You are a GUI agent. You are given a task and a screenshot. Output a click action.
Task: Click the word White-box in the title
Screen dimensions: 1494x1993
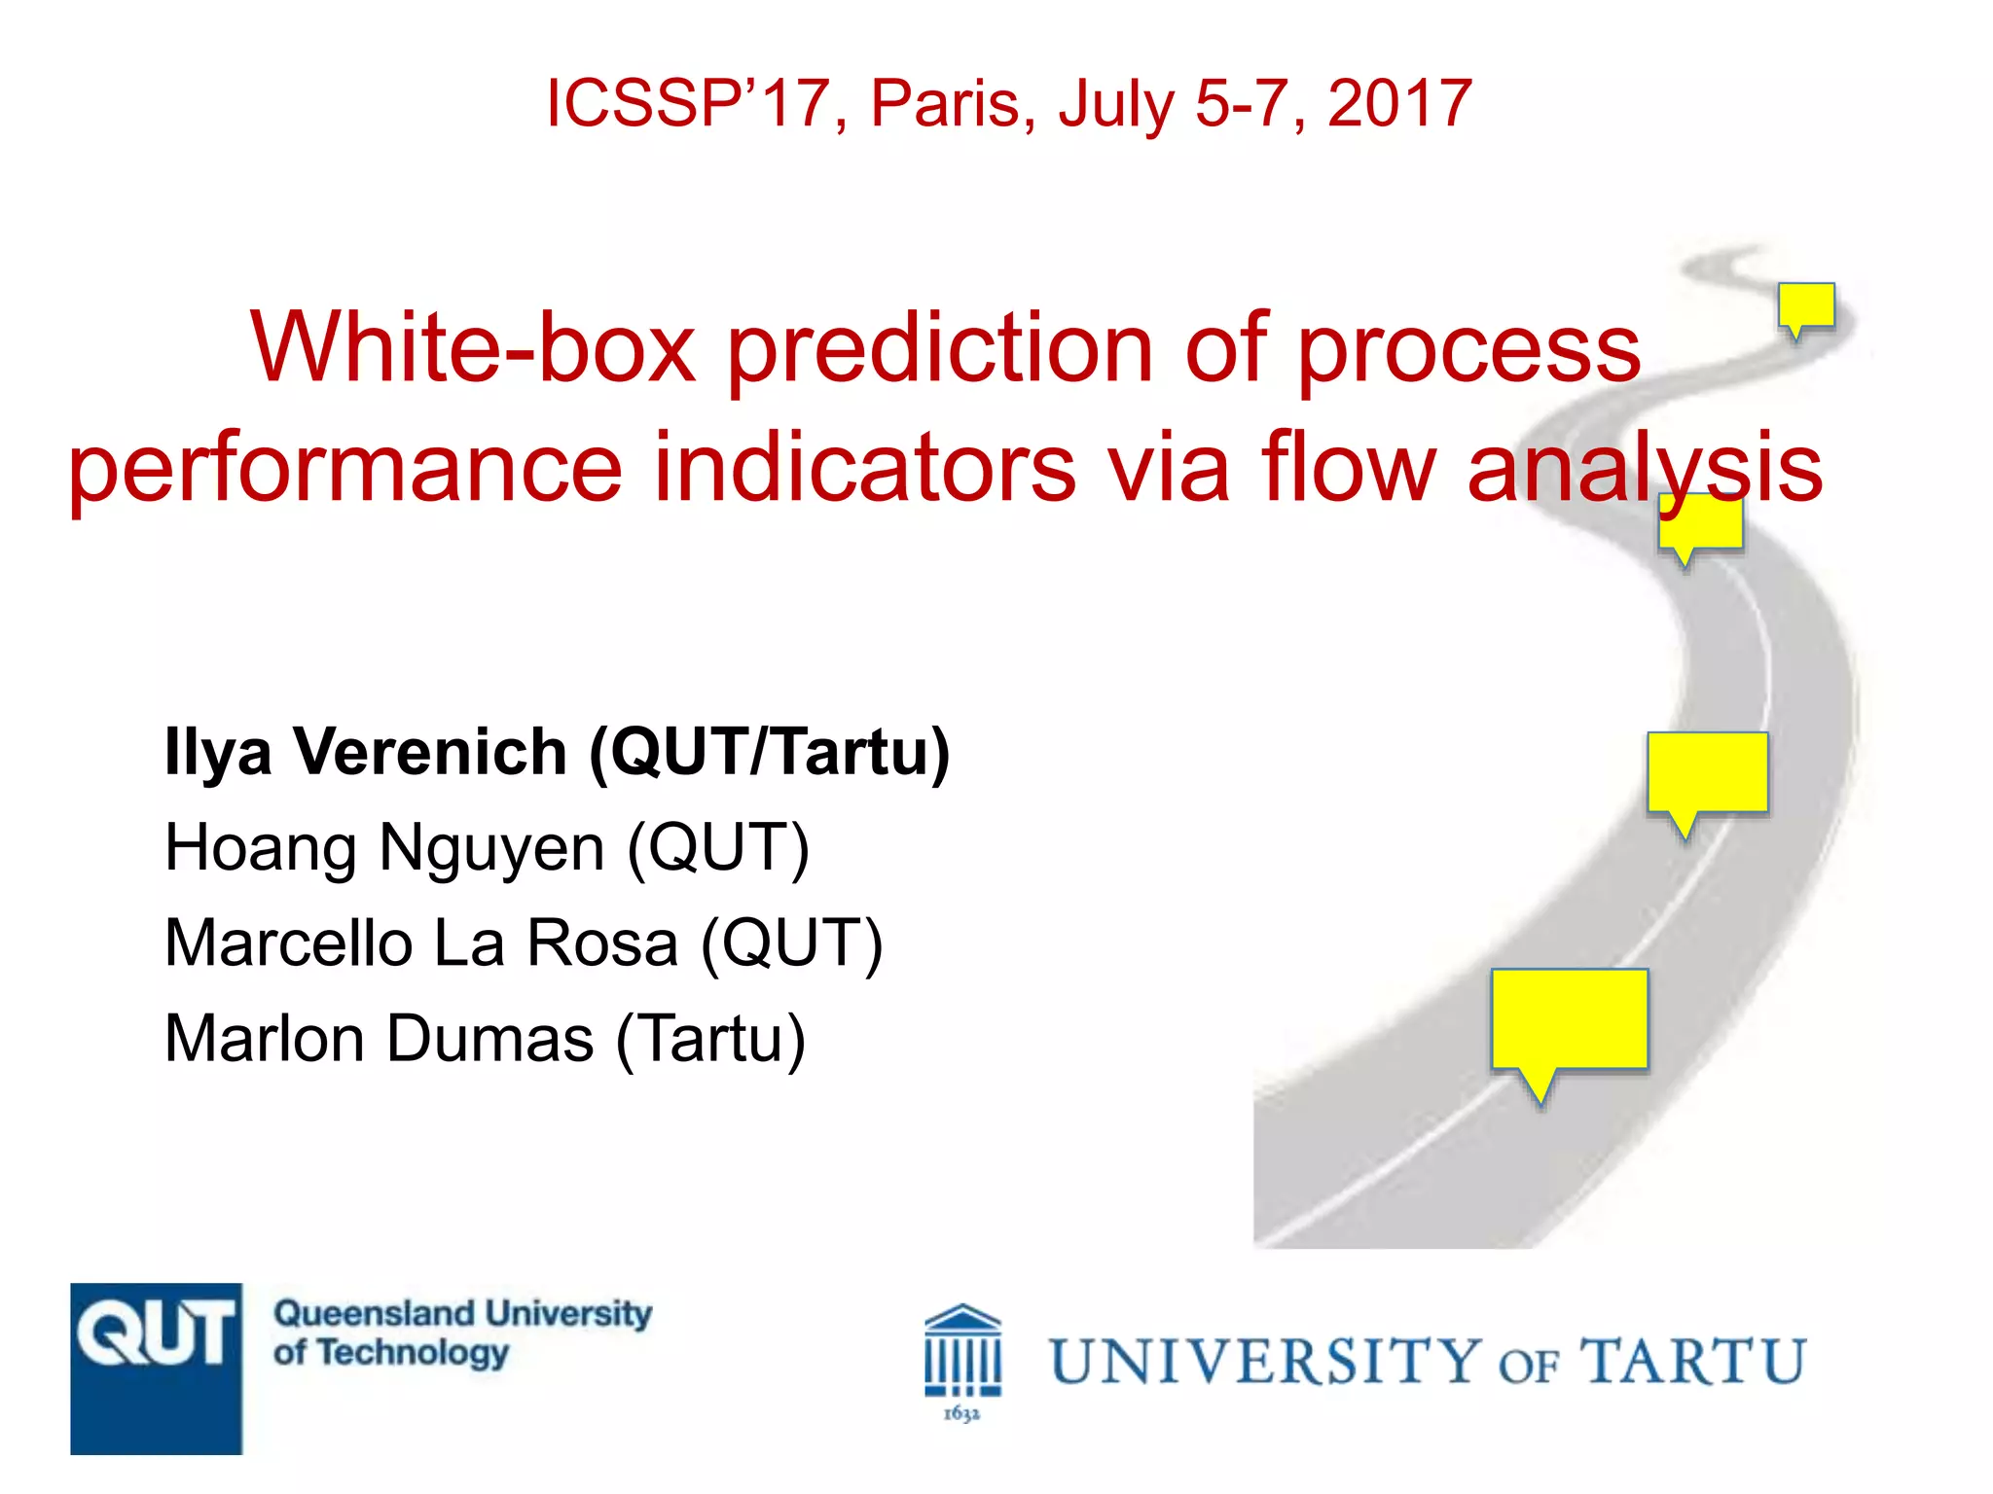(473, 348)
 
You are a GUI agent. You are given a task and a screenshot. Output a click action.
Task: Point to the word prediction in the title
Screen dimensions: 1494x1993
(940, 348)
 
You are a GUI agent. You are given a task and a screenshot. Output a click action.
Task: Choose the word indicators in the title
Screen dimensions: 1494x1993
(864, 469)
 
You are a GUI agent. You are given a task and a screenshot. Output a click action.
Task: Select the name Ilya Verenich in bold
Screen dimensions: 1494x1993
(366, 753)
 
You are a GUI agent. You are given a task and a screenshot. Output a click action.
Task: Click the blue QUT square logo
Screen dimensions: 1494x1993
(156, 1368)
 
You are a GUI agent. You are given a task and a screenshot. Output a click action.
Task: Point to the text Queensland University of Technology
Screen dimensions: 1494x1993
(462, 1333)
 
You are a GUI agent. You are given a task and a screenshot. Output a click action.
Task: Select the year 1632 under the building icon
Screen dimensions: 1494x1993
(961, 1413)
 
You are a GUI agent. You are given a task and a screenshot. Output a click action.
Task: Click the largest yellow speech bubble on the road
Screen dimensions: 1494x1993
(1569, 1018)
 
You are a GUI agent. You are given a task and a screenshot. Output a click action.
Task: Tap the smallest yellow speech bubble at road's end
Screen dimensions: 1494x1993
(1806, 304)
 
